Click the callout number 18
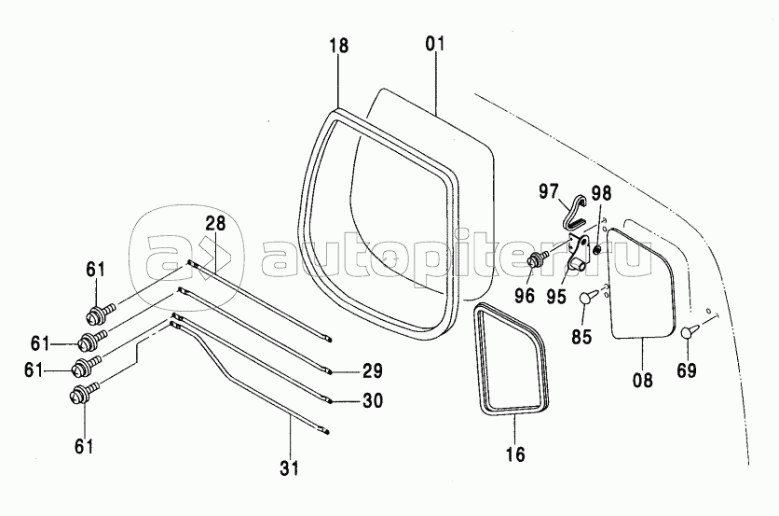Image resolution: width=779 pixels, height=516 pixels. click(x=339, y=46)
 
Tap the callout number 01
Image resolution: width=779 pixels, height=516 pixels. click(x=435, y=44)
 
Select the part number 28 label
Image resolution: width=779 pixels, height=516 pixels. click(x=215, y=223)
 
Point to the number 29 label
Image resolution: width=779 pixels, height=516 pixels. click(x=373, y=370)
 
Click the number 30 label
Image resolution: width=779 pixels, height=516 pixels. click(x=373, y=400)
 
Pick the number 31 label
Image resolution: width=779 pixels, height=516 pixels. click(x=289, y=467)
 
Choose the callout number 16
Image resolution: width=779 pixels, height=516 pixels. click(x=516, y=453)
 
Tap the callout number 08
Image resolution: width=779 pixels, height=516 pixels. click(x=642, y=381)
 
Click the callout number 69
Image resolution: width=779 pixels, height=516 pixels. click(x=686, y=370)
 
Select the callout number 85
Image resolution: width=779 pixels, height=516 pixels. click(x=581, y=337)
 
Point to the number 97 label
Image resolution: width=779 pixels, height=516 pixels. click(x=548, y=191)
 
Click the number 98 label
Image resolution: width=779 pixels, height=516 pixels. click(x=601, y=193)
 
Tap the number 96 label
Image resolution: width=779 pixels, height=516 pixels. click(x=524, y=296)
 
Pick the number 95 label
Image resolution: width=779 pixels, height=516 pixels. click(x=556, y=297)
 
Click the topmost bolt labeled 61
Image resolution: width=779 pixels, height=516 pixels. click(x=101, y=314)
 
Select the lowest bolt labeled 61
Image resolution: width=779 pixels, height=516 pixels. click(x=85, y=392)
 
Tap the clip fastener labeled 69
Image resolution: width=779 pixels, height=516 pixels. click(x=690, y=331)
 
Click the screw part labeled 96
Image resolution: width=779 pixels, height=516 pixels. click(x=539, y=258)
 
